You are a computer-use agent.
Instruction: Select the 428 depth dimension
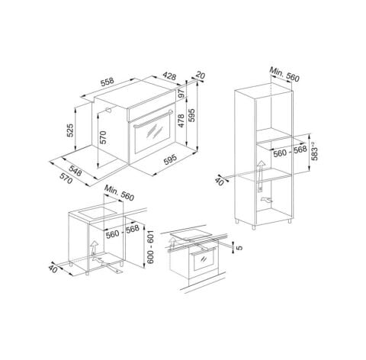[x=170, y=76]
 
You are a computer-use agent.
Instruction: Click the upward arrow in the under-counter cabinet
[x=92, y=247]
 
